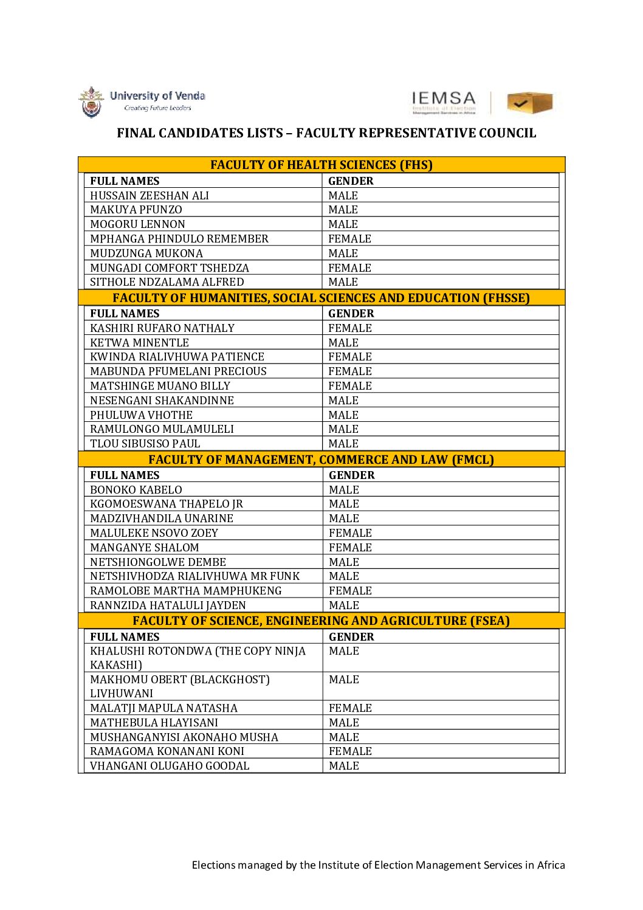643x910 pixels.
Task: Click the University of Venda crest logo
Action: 91,102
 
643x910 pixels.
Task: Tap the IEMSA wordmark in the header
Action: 444,99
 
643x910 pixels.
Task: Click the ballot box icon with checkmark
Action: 529,103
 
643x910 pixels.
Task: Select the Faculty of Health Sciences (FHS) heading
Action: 321,165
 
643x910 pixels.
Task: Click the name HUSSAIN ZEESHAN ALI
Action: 150,196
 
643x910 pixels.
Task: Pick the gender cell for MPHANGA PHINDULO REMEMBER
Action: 349,239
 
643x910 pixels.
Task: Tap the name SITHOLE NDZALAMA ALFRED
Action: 167,282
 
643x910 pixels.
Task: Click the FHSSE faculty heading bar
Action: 321,298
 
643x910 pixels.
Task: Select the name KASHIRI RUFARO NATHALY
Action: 162,328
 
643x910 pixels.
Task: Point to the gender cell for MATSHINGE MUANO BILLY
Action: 350,386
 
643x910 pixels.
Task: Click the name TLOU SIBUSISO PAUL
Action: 145,444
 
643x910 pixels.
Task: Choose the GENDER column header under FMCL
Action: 352,475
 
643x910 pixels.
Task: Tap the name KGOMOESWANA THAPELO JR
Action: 167,504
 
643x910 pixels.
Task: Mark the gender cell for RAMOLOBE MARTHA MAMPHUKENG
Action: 350,591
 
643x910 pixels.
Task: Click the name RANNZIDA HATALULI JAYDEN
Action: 168,605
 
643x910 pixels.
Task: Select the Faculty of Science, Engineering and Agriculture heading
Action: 321,621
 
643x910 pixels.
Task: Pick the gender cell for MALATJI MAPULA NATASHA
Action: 350,708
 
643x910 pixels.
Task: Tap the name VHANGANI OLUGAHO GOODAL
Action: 170,766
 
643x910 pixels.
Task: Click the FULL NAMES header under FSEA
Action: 125,637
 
